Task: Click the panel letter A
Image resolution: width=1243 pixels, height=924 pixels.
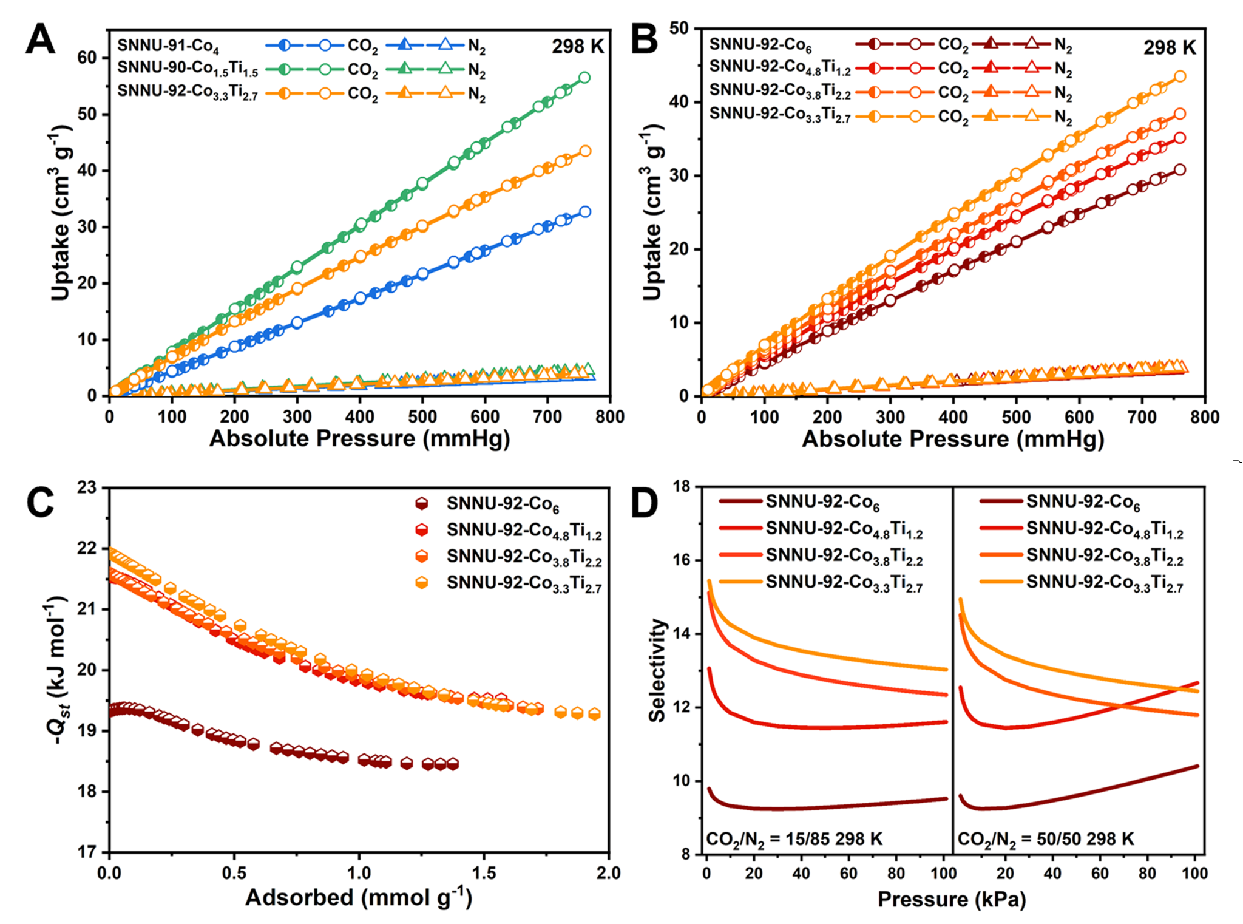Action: pyautogui.click(x=41, y=41)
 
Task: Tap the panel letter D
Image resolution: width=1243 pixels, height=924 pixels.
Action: pyautogui.click(x=645, y=504)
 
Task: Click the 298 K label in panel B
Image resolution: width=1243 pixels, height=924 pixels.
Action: pyautogui.click(x=1170, y=47)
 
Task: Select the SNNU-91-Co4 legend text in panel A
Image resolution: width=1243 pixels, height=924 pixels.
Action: pyautogui.click(x=168, y=46)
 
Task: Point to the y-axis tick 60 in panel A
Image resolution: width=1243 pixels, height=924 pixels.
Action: pyautogui.click(x=87, y=58)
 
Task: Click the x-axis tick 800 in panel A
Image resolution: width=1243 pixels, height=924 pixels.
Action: pyautogui.click(x=609, y=417)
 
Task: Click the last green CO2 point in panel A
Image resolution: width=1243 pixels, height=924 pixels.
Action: pyautogui.click(x=584, y=78)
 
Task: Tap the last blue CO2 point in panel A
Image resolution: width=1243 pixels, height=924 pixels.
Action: pyautogui.click(x=585, y=211)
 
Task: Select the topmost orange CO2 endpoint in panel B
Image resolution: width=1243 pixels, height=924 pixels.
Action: pyautogui.click(x=1180, y=76)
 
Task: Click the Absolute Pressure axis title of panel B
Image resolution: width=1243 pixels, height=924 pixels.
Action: pyautogui.click(x=952, y=439)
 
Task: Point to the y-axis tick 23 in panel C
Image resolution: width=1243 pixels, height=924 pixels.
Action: pyautogui.click(x=87, y=487)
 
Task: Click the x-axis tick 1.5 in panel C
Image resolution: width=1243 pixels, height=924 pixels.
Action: pyautogui.click(x=484, y=873)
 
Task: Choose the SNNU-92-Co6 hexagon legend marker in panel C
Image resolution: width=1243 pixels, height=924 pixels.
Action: pyautogui.click(x=421, y=503)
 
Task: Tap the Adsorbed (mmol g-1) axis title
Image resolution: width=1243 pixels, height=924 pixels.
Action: pyautogui.click(x=358, y=897)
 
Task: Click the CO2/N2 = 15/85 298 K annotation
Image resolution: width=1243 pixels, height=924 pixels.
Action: pyautogui.click(x=794, y=840)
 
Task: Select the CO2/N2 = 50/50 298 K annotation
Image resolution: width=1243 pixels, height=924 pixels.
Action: pyautogui.click(x=1046, y=840)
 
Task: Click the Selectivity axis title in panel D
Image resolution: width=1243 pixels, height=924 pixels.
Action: pyautogui.click(x=657, y=671)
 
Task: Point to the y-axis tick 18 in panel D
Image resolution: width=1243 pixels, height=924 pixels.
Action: pyautogui.click(x=680, y=487)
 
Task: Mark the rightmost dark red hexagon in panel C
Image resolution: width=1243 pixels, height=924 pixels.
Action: pyautogui.click(x=452, y=764)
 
